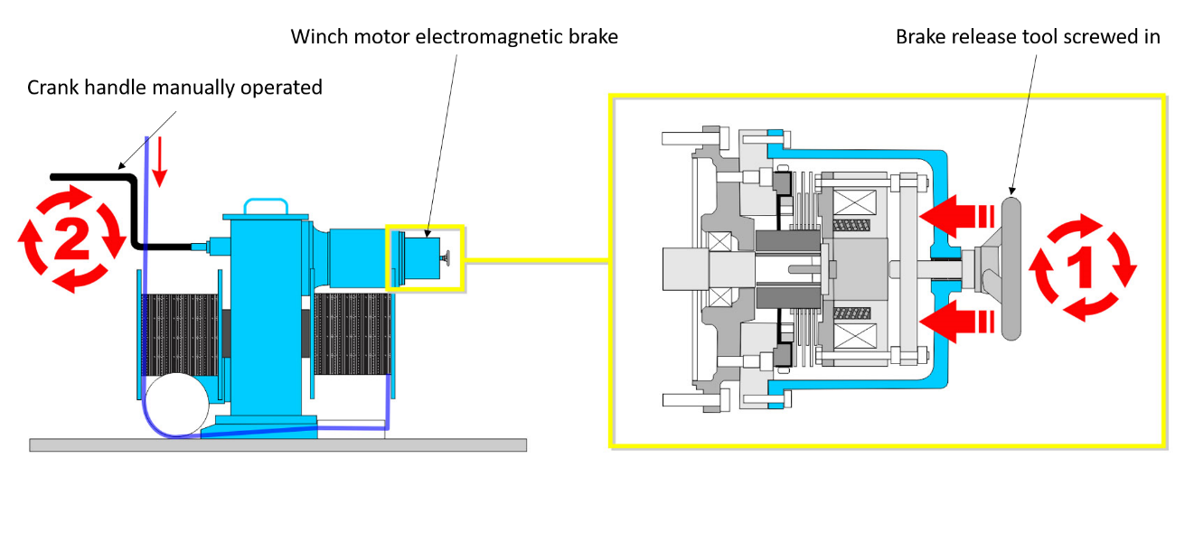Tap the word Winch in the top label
coord(314,37)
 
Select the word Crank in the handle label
coord(51,88)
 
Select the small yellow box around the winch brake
coord(424,258)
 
